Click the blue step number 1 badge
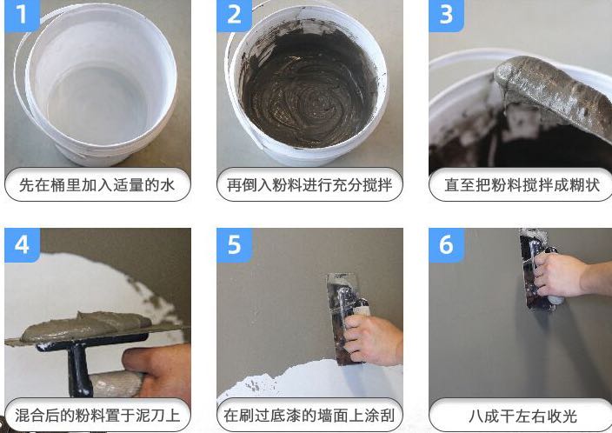point(22,15)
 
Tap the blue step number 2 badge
point(234,15)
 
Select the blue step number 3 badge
point(446,15)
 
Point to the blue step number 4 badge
point(22,245)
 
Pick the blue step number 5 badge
point(234,245)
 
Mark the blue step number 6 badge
point(446,245)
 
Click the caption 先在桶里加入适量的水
point(97,185)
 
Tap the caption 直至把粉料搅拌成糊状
point(522,185)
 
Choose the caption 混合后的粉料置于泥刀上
point(97,416)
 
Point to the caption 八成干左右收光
point(522,416)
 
